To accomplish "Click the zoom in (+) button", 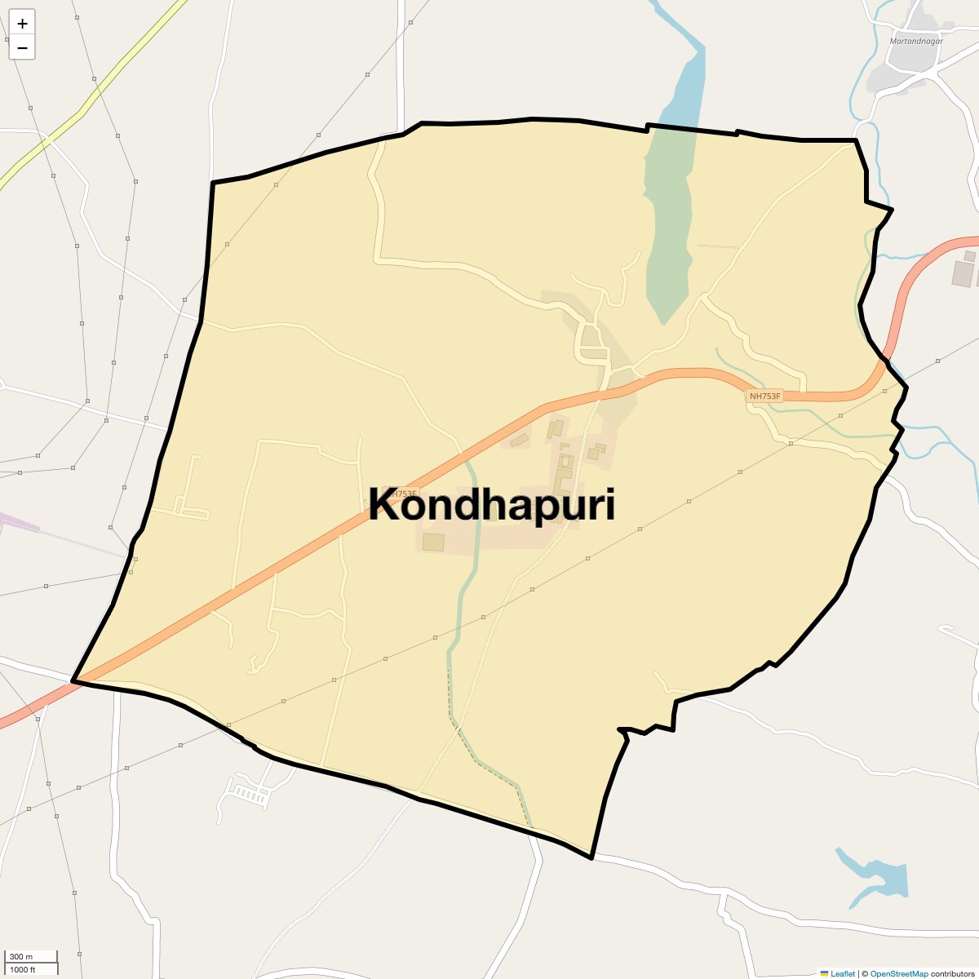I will (x=22, y=24).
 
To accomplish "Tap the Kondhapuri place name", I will (x=491, y=505).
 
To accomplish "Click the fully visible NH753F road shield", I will (x=764, y=396).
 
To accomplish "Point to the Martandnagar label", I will (x=916, y=40).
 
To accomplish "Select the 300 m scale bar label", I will (x=22, y=956).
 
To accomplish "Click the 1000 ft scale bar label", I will (x=23, y=969).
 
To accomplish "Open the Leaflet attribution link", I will (x=842, y=973).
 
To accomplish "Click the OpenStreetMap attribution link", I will (x=898, y=973).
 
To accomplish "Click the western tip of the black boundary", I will (x=73, y=680).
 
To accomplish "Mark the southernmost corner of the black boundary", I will (x=591, y=857).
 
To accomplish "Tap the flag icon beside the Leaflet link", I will (x=824, y=973).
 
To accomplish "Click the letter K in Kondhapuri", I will (x=384, y=505).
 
